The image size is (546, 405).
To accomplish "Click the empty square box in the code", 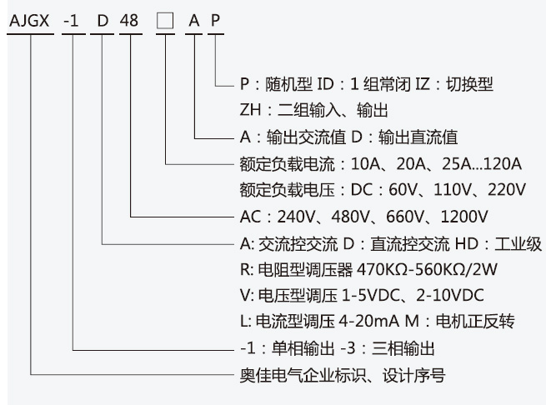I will (165, 21).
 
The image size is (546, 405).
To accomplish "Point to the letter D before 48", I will (103, 21).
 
